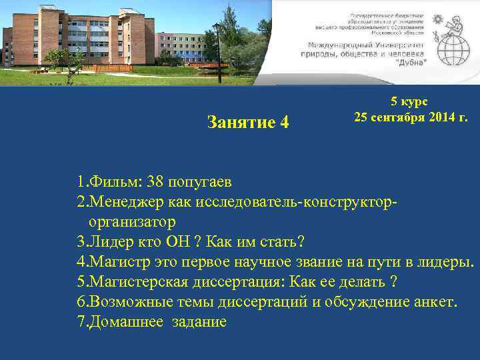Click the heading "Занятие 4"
(248, 123)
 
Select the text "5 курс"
(409, 101)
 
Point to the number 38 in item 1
(155, 182)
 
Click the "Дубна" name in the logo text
(413, 61)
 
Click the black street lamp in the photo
(217, 50)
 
